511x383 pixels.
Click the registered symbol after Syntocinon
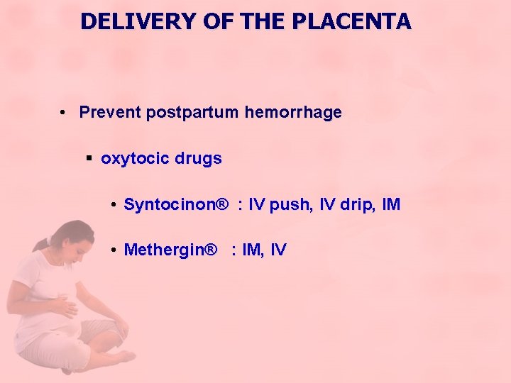(x=223, y=205)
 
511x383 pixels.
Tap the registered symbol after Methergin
(x=210, y=249)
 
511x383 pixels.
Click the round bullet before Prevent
(x=64, y=113)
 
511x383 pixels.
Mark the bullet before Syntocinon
(x=114, y=206)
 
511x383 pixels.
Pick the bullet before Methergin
(x=114, y=250)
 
